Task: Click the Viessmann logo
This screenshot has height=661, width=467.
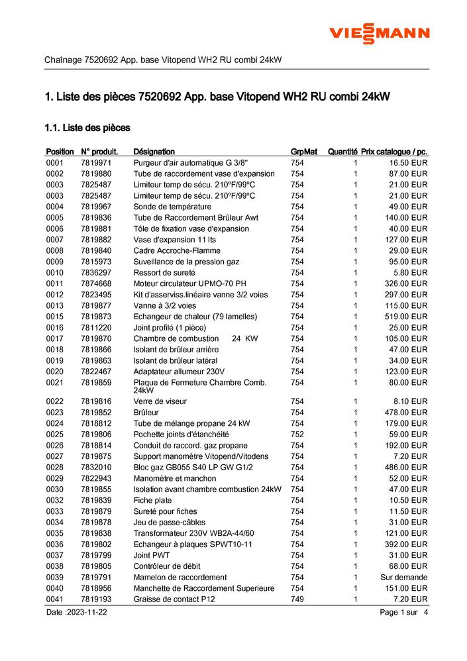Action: [380, 33]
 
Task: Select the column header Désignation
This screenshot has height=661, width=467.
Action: [154, 152]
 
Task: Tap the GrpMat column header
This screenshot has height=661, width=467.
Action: [303, 152]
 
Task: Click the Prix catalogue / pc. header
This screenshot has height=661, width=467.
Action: [394, 152]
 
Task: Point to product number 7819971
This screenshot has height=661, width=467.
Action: [96, 163]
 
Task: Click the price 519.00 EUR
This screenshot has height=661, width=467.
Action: [408, 316]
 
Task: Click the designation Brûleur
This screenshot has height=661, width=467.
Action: [146, 412]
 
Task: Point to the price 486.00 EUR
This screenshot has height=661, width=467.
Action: [408, 467]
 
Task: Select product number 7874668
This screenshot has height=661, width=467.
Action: [96, 283]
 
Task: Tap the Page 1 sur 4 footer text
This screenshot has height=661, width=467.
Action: [404, 613]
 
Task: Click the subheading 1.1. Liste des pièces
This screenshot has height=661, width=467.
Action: [87, 127]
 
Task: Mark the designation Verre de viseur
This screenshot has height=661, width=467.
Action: [160, 401]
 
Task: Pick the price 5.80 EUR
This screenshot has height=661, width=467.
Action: [412, 272]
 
